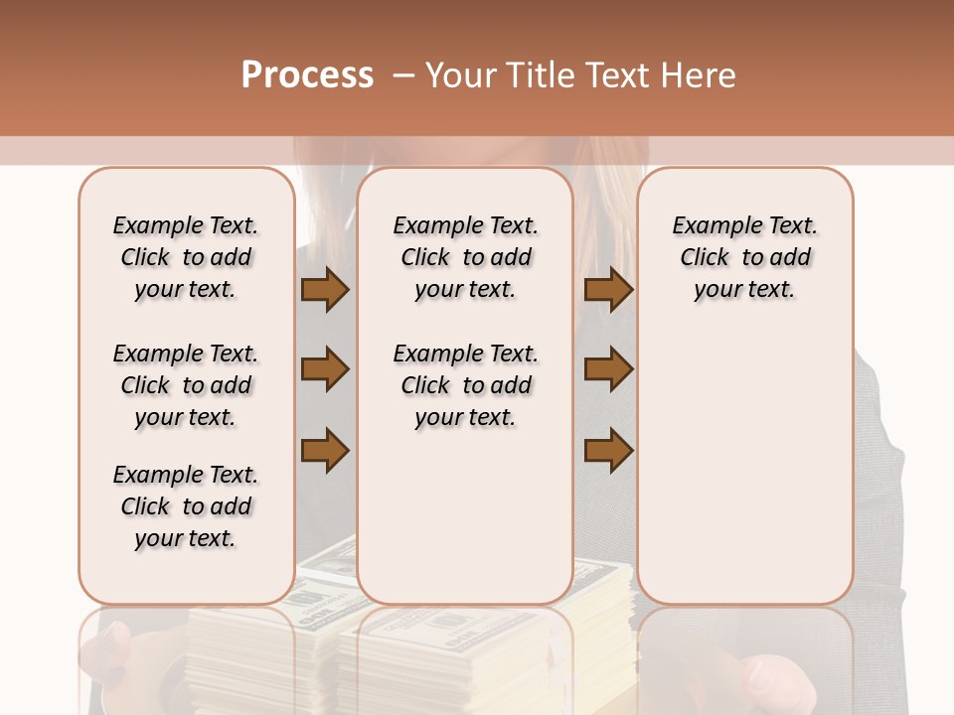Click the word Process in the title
[x=307, y=75]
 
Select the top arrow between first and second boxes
[x=325, y=290]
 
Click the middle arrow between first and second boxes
[x=325, y=370]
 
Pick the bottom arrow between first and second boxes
[x=325, y=449]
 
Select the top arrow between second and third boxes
[x=608, y=290]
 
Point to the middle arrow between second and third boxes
[x=608, y=370]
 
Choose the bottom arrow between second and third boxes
[x=608, y=449]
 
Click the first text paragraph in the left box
[x=186, y=257]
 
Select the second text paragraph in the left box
[x=186, y=385]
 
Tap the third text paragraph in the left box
[x=186, y=506]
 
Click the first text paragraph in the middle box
[x=465, y=257]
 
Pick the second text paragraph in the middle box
[x=465, y=385]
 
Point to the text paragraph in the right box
[x=744, y=257]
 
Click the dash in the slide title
[x=403, y=75]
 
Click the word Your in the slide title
[x=457, y=75]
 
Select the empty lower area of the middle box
[x=465, y=516]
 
